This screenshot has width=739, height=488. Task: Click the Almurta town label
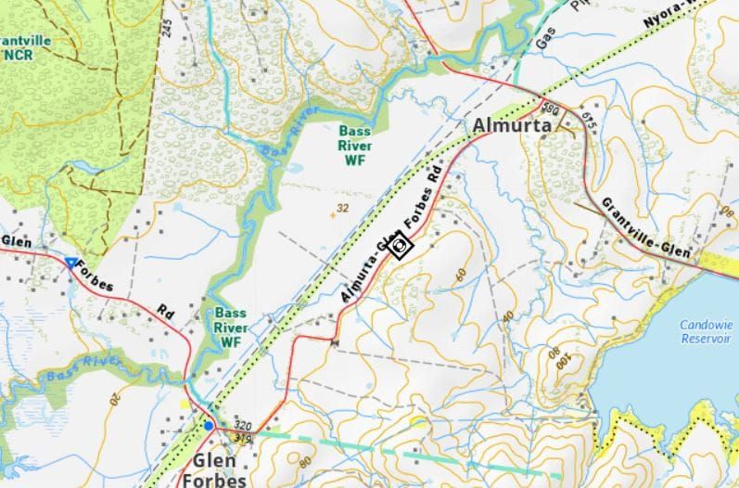[x=512, y=125]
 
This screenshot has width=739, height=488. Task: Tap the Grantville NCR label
[x=27, y=47]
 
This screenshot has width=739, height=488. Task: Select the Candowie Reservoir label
[x=706, y=331]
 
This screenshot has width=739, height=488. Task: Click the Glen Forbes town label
[x=220, y=470]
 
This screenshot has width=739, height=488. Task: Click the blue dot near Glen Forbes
[x=210, y=426]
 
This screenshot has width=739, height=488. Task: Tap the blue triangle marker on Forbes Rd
[x=70, y=263]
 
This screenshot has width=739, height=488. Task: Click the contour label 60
[x=460, y=275]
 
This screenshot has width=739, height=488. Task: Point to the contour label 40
[x=508, y=316]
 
